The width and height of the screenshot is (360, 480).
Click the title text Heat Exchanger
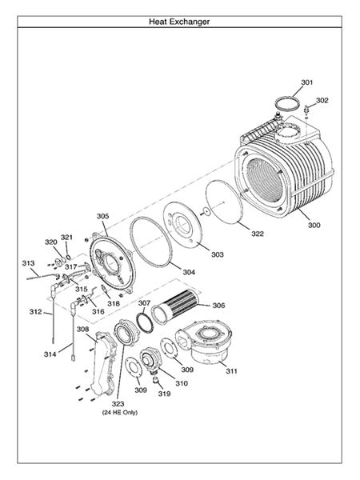click(179, 22)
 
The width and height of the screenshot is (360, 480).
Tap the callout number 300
click(314, 226)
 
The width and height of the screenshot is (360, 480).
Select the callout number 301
click(307, 83)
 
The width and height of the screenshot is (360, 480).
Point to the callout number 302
click(322, 101)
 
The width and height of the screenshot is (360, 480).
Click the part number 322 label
click(258, 234)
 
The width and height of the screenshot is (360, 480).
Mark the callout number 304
click(189, 272)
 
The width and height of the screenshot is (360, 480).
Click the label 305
click(102, 216)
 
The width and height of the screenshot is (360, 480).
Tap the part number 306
click(218, 306)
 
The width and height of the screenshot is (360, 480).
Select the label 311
click(231, 371)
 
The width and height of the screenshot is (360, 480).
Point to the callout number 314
click(50, 353)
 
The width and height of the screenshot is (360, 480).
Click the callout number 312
click(36, 311)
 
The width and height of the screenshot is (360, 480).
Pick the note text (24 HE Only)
click(118, 414)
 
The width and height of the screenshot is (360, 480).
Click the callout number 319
click(164, 394)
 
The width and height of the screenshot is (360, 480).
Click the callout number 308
click(82, 329)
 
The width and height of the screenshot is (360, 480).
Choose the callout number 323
click(118, 404)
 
